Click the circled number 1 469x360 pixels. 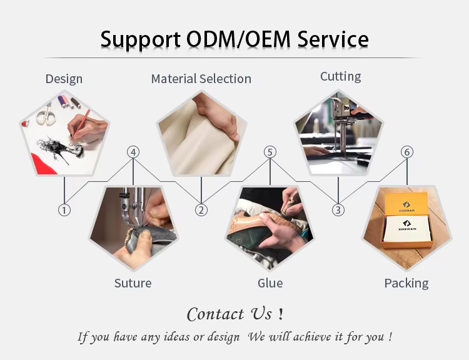coord(64,210)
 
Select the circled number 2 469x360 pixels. coord(201,210)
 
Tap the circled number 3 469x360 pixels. coord(338,210)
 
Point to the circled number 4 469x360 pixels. coord(133,152)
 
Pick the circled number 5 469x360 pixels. coord(270,152)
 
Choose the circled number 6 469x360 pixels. coord(406,152)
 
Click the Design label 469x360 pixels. coord(64,79)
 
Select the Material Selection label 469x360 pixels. coord(201,79)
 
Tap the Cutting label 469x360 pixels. coord(340,76)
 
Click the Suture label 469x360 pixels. coord(133,283)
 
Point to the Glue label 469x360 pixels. coord(270,283)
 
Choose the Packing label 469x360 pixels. coord(406,283)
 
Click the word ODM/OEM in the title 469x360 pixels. coord(240,39)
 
